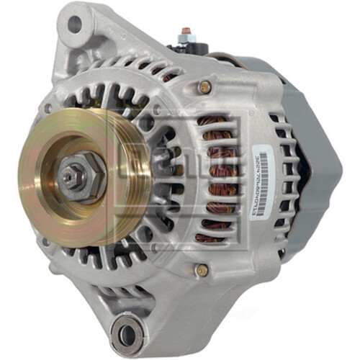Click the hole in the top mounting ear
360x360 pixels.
click(74, 24)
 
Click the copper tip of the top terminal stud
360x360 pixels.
click(186, 32)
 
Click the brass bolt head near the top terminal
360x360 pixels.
click(204, 86)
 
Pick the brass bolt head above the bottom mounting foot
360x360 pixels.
click(202, 270)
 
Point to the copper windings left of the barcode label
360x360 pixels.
click(216, 180)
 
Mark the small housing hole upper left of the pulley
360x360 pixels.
click(48, 109)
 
